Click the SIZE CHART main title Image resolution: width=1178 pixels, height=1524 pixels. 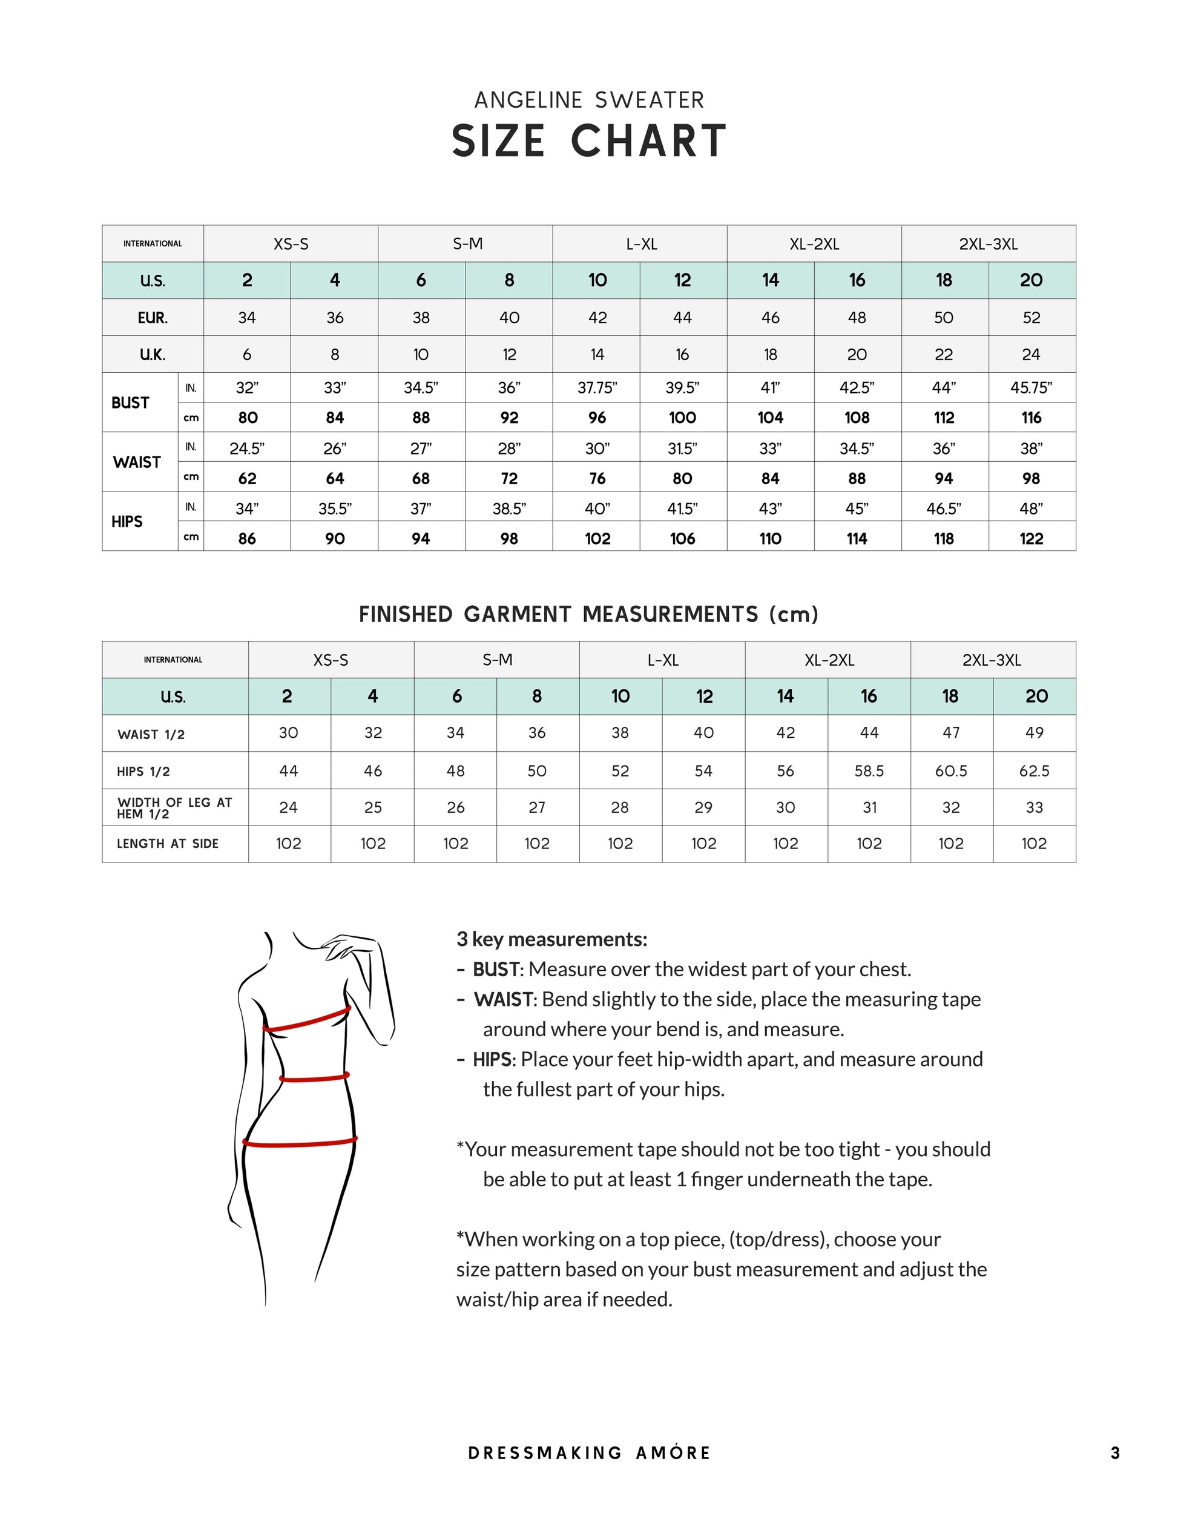[589, 141]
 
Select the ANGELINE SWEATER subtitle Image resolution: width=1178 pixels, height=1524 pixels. [589, 100]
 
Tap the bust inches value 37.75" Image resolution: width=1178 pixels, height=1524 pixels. [597, 388]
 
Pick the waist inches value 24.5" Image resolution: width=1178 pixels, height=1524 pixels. [247, 448]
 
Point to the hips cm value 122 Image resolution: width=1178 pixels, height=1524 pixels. [1031, 539]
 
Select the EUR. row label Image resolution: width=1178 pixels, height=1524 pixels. [152, 318]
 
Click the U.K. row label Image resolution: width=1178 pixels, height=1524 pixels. [152, 355]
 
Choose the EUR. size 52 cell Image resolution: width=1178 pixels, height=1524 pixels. [1031, 318]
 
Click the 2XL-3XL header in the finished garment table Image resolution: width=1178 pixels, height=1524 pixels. [992, 660]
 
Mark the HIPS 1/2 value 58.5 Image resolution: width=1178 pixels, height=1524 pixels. [869, 771]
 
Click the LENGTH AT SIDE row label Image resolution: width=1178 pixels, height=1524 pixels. [168, 844]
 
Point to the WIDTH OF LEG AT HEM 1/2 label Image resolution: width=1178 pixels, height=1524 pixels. [174, 808]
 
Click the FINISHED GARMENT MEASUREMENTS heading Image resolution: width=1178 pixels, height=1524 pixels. [588, 615]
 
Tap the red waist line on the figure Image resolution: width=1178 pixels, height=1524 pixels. [314, 1078]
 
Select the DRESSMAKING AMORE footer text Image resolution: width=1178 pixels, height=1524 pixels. [589, 1453]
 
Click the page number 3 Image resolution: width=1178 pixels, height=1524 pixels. [1115, 1453]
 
